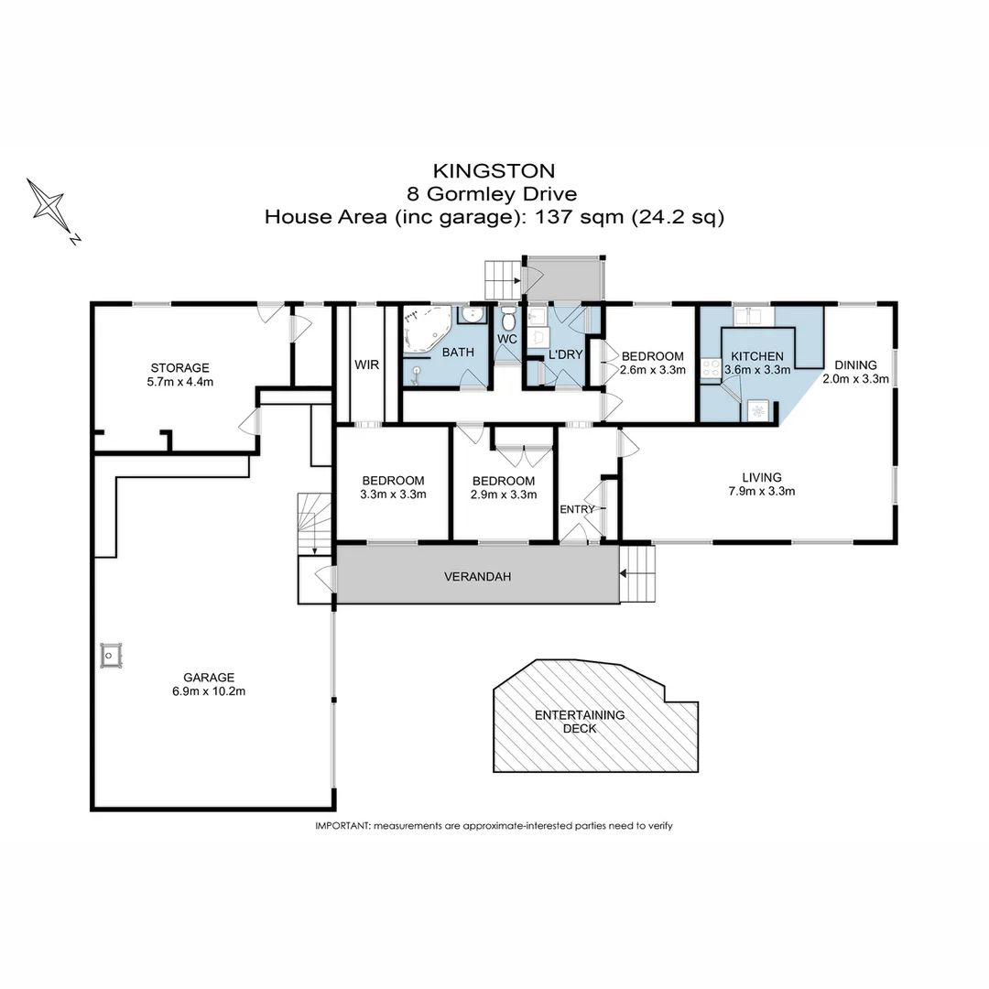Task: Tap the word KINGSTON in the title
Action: (494, 170)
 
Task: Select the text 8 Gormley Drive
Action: (494, 193)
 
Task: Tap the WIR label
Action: (366, 364)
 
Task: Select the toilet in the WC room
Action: (509, 320)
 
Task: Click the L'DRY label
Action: (566, 353)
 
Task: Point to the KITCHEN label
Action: (756, 356)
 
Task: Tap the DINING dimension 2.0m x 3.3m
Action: (855, 378)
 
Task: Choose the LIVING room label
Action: (762, 477)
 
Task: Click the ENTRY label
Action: (577, 510)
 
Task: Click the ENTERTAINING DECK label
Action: (580, 722)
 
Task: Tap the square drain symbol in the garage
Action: (112, 655)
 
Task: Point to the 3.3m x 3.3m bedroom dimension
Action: (393, 494)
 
